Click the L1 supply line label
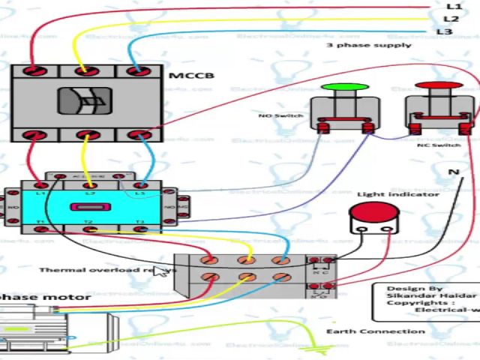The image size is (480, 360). pos(452,6)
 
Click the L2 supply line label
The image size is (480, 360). pos(451,19)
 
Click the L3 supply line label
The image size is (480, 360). pos(444,31)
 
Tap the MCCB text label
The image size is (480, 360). pos(191,76)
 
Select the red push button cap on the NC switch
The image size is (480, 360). pos(439,87)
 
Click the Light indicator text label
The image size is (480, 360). pos(397,194)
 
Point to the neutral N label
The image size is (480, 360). pos(453,172)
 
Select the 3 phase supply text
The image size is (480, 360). pos(369,45)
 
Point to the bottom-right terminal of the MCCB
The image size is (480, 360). pos(136,135)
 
